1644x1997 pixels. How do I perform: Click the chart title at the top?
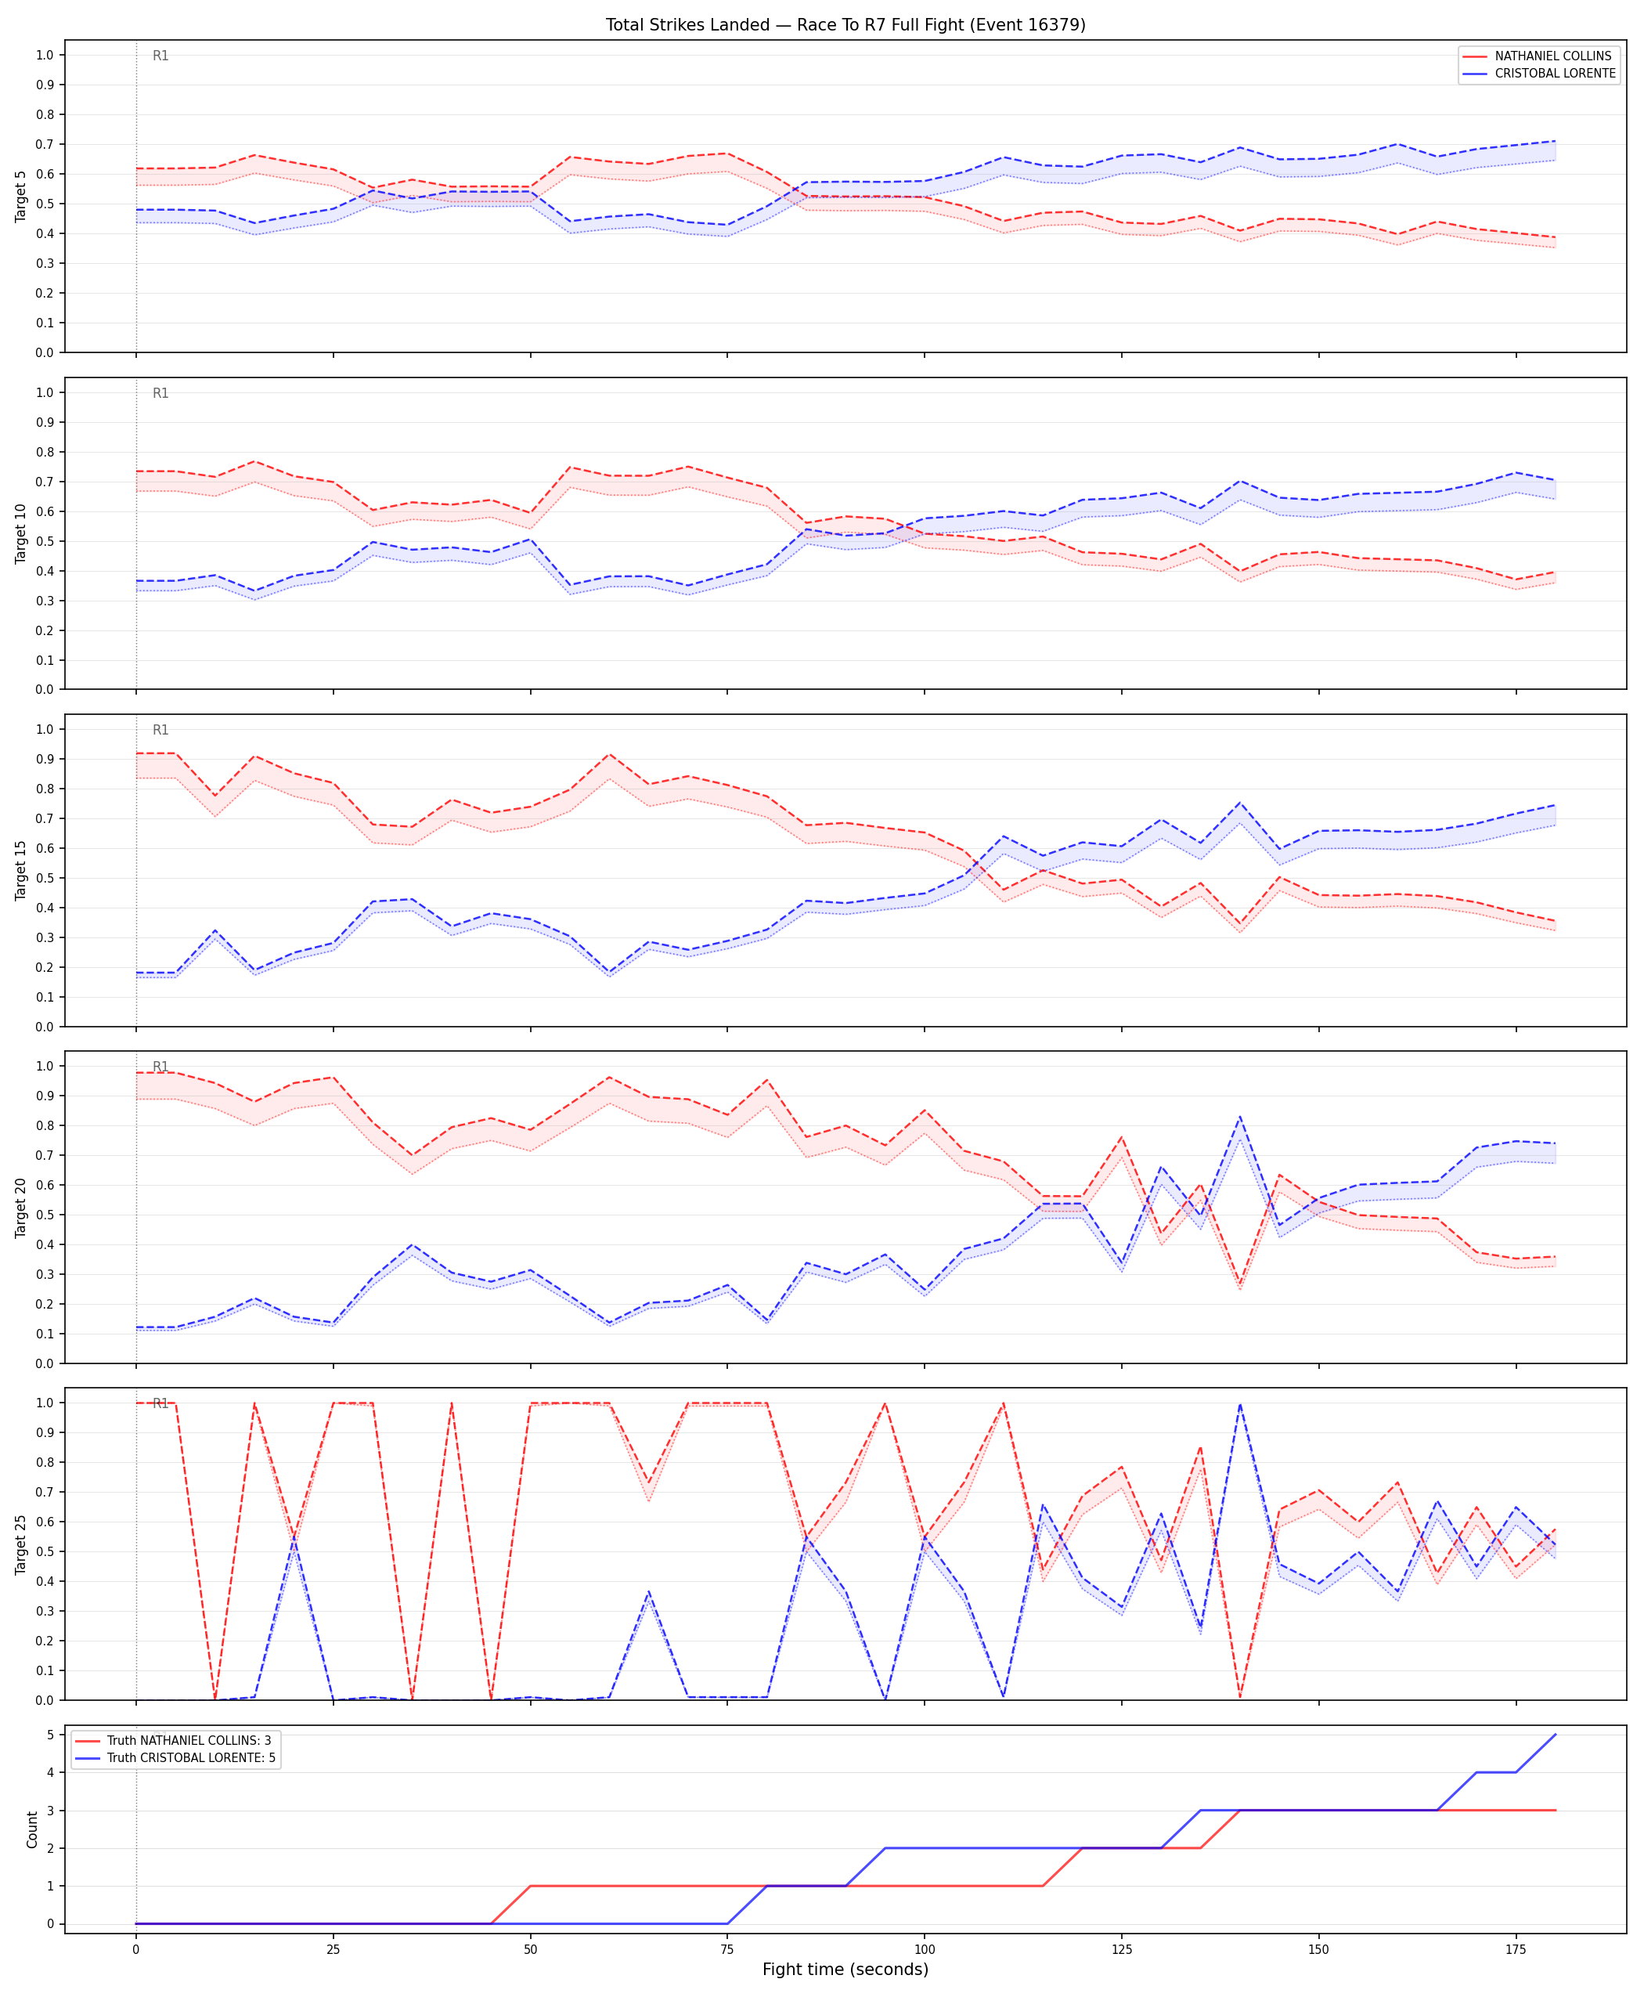pos(845,24)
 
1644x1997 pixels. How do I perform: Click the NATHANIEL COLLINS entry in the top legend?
pos(1553,56)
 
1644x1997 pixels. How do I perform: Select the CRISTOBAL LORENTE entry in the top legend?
pos(1555,73)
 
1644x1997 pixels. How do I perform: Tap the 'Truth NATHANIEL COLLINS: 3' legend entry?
pos(189,1740)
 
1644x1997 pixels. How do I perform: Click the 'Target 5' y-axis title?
pos(21,196)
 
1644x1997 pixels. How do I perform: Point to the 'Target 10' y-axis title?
pos(21,533)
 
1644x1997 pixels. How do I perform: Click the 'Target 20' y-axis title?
pos(21,1208)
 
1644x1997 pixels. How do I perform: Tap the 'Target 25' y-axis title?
pos(21,1544)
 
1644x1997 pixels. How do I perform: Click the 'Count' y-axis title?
pos(32,1829)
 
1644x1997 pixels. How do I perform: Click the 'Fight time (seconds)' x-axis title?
pos(845,1970)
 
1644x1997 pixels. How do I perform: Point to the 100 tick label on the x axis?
pos(925,1948)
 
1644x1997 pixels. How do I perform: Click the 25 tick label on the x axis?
pos(333,1948)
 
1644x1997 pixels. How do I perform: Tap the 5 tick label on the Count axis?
pos(50,1735)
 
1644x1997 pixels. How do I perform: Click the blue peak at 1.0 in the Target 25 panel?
pos(1239,1404)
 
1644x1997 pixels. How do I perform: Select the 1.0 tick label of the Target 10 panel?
pos(45,392)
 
